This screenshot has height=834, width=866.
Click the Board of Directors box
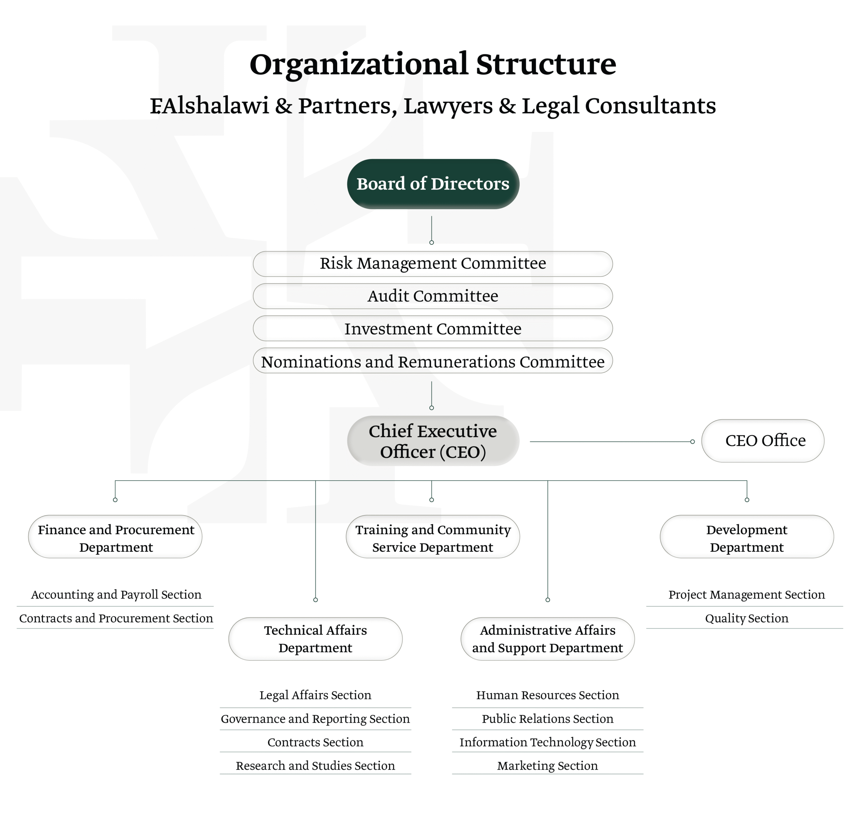tap(433, 184)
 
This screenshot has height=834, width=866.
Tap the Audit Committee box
tap(433, 296)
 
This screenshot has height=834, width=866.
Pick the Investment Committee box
tap(433, 329)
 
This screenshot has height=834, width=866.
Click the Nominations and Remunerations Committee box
tap(433, 361)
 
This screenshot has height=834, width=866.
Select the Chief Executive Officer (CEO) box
tap(433, 441)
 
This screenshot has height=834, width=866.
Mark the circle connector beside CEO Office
tap(692, 441)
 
